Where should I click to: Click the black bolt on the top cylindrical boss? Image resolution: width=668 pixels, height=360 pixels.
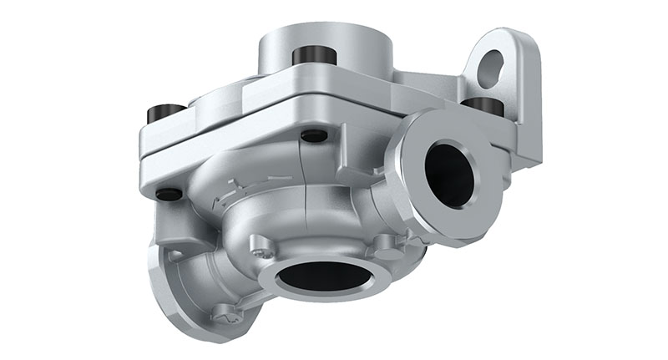point(314,56)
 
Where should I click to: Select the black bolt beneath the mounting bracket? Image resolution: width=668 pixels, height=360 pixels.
point(482,106)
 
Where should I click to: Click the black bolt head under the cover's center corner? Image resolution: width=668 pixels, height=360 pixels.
point(314,135)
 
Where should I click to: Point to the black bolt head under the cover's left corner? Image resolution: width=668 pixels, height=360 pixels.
point(169,194)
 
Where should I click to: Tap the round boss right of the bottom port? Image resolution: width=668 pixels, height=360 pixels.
point(386,243)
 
